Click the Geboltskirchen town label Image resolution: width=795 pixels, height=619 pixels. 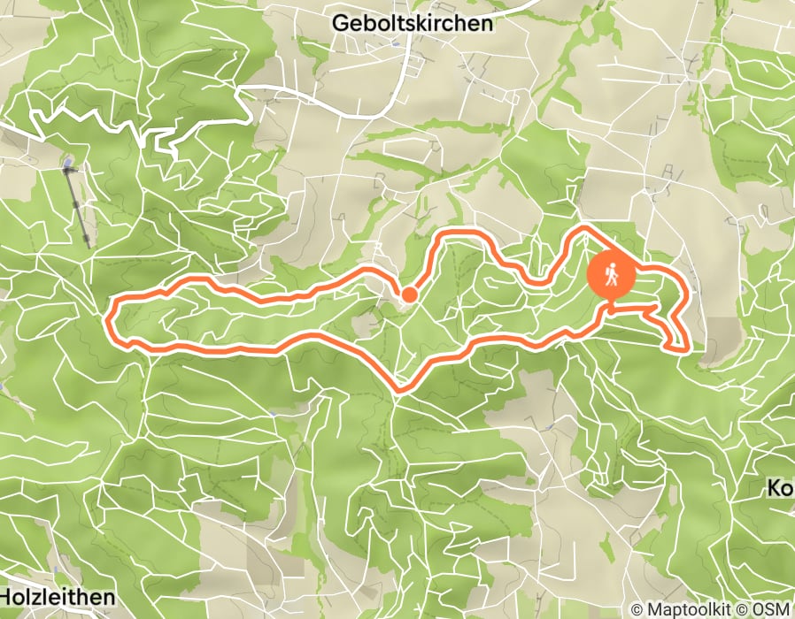(412, 24)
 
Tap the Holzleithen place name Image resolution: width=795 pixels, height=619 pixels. (58, 598)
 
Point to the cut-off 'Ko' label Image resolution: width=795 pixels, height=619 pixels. (779, 489)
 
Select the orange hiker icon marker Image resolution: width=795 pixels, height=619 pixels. (611, 275)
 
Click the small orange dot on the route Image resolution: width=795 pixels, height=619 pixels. (409, 294)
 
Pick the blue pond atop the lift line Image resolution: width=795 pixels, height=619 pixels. (68, 164)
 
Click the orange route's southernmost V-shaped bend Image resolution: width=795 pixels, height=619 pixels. (400, 388)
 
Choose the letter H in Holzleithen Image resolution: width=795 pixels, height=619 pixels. (7, 598)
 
